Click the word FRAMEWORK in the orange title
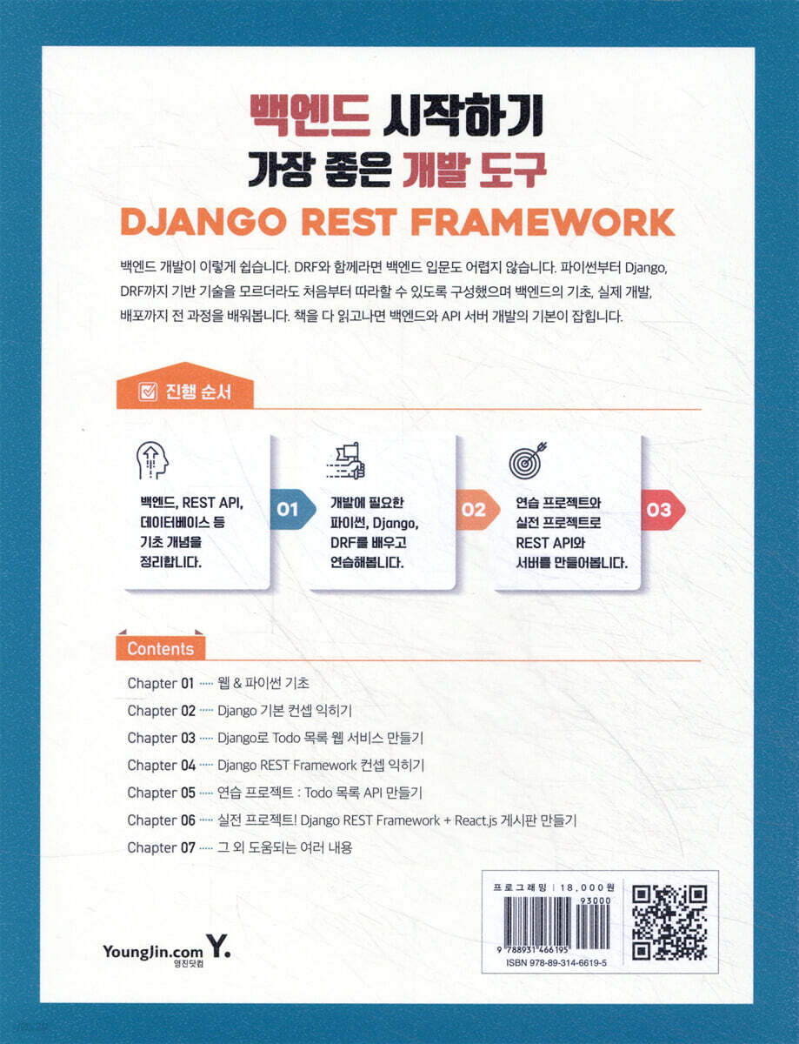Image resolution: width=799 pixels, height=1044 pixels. click(x=543, y=223)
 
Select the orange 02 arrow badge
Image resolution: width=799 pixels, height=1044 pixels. click(x=477, y=509)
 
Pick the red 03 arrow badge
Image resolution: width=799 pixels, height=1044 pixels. click(x=663, y=509)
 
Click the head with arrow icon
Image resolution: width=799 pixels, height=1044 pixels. click(x=152, y=460)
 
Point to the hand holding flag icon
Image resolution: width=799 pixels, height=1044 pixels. click(x=346, y=460)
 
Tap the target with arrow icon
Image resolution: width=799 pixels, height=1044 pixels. click(x=528, y=459)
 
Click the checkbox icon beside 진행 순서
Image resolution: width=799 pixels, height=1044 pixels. click(x=147, y=392)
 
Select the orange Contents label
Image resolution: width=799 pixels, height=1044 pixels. click(x=160, y=649)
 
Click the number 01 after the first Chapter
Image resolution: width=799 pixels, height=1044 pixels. click(x=187, y=683)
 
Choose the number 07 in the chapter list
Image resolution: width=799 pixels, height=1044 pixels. click(x=188, y=847)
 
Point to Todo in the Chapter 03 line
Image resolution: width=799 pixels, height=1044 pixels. click(x=287, y=738)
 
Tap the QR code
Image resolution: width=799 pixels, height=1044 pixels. click(x=669, y=922)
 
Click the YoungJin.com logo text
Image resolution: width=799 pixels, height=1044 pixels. click(x=153, y=951)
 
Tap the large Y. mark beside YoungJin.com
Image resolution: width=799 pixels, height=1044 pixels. click(x=218, y=945)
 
